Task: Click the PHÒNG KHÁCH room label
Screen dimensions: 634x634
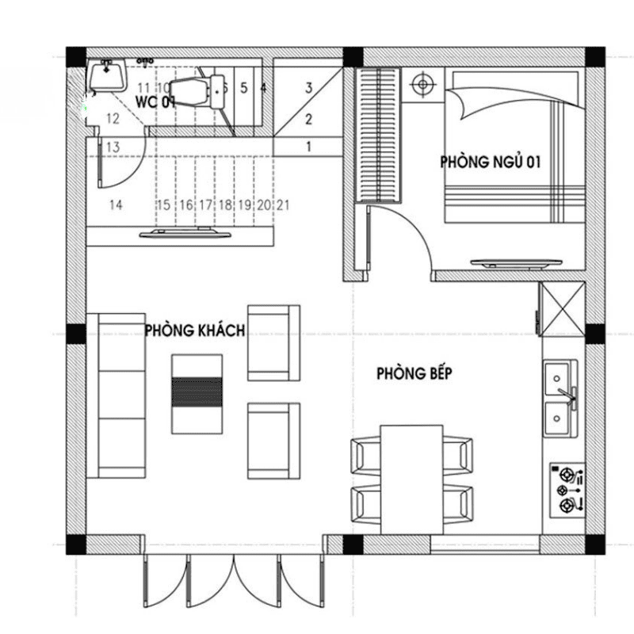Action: tap(194, 330)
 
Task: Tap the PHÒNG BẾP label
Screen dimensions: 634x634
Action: tap(414, 373)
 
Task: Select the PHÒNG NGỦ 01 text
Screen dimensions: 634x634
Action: tap(490, 162)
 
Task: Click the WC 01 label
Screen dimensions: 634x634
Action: tap(155, 102)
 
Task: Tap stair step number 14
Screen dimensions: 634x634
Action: tap(116, 204)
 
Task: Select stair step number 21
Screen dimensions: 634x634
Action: tap(283, 204)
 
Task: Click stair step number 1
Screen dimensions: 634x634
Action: tap(309, 146)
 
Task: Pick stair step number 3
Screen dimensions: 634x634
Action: tap(309, 87)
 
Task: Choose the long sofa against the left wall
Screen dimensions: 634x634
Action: tap(116, 395)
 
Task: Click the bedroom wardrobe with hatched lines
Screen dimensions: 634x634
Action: tap(378, 136)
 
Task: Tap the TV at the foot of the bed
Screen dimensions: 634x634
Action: tap(518, 262)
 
